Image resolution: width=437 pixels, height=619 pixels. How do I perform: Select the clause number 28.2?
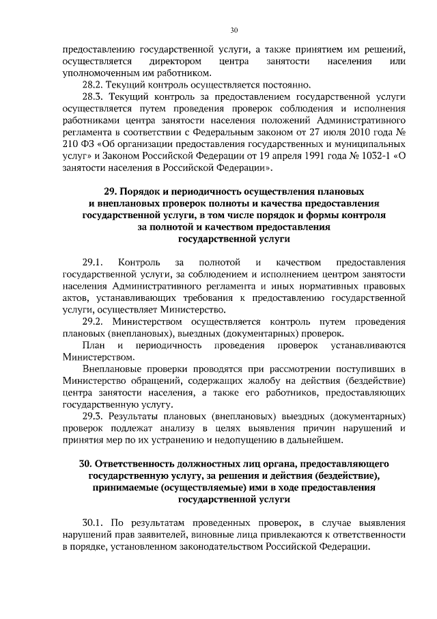pyautogui.click(x=92, y=85)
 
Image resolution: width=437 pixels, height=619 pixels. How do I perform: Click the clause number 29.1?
pyautogui.click(x=92, y=262)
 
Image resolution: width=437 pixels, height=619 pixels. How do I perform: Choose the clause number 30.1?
pyautogui.click(x=92, y=523)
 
